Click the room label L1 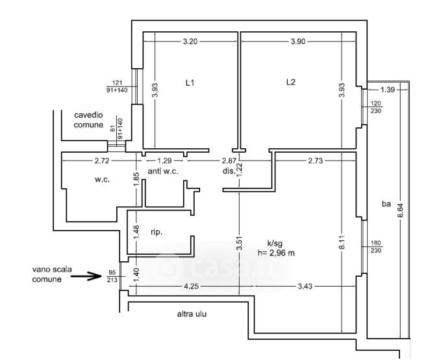190,83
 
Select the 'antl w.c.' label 163,172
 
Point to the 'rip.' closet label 157,231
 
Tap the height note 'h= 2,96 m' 275,253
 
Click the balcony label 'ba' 386,204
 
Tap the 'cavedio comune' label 88,119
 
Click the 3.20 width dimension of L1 190,42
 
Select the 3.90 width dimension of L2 299,42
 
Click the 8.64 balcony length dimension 401,211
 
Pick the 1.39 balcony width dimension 388,89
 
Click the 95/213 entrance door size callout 112,276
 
